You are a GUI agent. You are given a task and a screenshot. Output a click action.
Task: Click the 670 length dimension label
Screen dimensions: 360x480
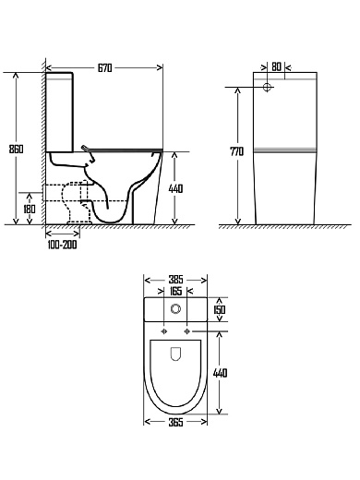(x=105, y=68)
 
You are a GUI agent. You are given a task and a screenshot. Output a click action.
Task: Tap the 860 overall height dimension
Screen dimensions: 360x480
(x=16, y=149)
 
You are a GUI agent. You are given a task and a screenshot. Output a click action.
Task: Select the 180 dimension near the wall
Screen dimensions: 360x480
(x=30, y=210)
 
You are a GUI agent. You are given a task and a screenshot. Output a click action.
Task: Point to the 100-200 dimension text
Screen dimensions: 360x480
(x=62, y=245)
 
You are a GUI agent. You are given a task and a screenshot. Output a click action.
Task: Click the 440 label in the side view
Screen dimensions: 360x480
(x=175, y=188)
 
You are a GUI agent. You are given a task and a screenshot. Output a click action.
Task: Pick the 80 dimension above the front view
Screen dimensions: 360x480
(x=277, y=66)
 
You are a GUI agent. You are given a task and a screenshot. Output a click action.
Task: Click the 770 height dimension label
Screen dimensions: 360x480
(x=237, y=151)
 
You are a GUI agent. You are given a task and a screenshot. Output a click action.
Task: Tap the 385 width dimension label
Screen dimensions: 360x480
(x=175, y=280)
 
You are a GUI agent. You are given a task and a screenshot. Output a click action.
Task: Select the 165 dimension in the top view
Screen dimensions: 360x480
(x=175, y=291)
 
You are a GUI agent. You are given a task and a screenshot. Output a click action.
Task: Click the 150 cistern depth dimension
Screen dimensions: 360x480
(x=220, y=309)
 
